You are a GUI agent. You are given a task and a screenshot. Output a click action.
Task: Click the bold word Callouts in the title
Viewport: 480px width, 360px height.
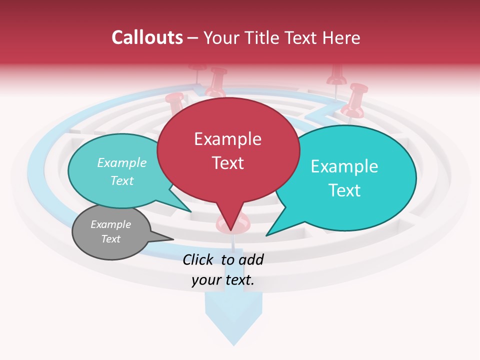(x=147, y=37)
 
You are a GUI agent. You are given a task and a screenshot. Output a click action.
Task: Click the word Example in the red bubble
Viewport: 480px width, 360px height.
(x=227, y=139)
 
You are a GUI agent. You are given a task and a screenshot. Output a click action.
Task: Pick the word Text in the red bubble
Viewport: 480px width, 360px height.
(x=227, y=163)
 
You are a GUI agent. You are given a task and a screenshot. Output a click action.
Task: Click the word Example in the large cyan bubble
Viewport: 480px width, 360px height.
(x=344, y=166)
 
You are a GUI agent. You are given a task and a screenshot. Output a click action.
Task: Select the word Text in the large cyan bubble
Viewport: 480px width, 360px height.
(x=344, y=190)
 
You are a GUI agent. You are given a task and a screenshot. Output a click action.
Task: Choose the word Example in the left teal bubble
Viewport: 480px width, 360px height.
(x=122, y=163)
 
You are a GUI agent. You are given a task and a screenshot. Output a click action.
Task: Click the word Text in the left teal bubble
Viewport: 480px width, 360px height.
(x=122, y=180)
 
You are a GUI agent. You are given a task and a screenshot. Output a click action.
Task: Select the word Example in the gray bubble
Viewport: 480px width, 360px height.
(x=111, y=224)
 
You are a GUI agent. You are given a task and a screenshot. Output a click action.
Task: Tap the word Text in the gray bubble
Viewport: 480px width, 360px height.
(x=111, y=239)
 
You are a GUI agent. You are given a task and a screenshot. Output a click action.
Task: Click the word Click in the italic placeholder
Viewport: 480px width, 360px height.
(x=199, y=259)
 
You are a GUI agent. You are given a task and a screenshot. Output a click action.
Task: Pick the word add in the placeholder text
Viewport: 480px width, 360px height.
(x=251, y=259)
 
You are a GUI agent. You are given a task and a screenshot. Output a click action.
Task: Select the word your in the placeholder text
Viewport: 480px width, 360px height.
(x=205, y=280)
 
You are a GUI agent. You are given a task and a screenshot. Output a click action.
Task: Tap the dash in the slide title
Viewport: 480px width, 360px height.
(x=193, y=38)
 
